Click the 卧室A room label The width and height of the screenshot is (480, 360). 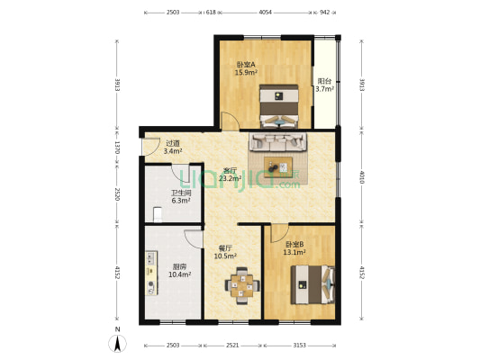(x=246, y=68)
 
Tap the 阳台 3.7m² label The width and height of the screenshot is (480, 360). (x=325, y=85)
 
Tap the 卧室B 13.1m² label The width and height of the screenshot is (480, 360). (x=294, y=248)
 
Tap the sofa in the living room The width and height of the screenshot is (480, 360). (x=279, y=141)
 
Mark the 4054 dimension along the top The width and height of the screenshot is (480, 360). (x=266, y=13)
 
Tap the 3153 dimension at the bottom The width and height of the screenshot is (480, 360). (x=300, y=345)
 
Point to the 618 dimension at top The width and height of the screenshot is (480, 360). (x=211, y=13)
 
